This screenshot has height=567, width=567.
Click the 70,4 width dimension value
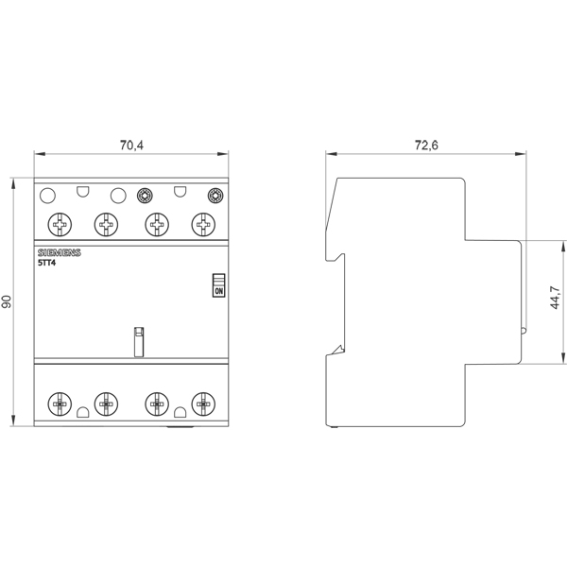pyautogui.click(x=131, y=146)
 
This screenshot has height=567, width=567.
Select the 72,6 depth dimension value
pyautogui.click(x=426, y=146)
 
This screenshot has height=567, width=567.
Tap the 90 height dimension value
pyautogui.click(x=7, y=302)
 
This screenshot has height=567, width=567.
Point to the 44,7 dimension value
pyautogui.click(x=556, y=298)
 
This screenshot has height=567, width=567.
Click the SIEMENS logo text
pyautogui.click(x=60, y=252)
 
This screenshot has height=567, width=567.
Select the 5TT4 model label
pyautogui.click(x=47, y=263)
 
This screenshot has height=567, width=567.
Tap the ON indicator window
pyautogui.click(x=219, y=285)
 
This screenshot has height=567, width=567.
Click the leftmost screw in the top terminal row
pyautogui.click(x=60, y=225)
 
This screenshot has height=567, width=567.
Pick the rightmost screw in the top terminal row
pyautogui.click(x=203, y=225)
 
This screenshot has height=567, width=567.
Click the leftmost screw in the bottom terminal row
pyautogui.click(x=60, y=404)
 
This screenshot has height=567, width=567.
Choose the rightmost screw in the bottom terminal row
pyautogui.click(x=203, y=404)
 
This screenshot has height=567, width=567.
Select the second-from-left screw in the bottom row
pyautogui.click(x=106, y=404)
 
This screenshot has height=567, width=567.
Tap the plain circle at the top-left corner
pyautogui.click(x=47, y=196)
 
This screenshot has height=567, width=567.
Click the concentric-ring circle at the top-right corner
pyautogui.click(x=215, y=196)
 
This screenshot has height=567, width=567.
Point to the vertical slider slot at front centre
pyautogui.click(x=139, y=342)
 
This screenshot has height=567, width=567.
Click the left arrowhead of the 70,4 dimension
pyautogui.click(x=40, y=154)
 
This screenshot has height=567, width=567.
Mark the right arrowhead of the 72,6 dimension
pyautogui.click(x=521, y=154)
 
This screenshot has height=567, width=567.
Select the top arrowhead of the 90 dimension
pyautogui.click(x=14, y=183)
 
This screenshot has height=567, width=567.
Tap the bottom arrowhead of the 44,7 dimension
pyautogui.click(x=563, y=358)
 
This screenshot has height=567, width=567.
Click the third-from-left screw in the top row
pyautogui.click(x=157, y=225)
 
